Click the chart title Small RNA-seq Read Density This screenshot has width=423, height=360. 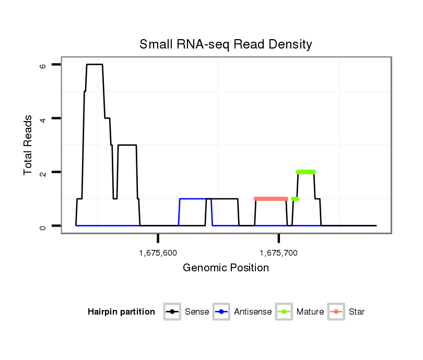pos(226,44)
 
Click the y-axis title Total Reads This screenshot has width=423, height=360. pos(28,145)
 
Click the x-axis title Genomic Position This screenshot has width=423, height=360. pos(226,268)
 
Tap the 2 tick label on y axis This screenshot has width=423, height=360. pos(43,172)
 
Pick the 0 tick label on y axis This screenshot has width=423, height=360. pos(43,226)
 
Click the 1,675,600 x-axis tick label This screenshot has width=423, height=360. pos(158,254)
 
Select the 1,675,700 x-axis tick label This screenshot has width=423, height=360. pos(278,254)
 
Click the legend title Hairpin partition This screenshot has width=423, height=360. pos(121,312)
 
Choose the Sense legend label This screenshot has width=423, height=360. pos(197,312)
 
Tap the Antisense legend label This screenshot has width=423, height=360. pos(253,312)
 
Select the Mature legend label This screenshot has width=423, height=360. pos(310,312)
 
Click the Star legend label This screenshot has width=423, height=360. pos(357,312)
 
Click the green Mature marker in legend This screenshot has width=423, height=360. pos(285,312)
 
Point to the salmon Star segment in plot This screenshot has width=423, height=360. pos(271,199)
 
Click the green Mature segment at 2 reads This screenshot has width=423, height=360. pos(305,172)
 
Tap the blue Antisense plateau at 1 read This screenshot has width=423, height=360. pos(192,199)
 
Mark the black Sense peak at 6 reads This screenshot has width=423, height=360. pos(95,64)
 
